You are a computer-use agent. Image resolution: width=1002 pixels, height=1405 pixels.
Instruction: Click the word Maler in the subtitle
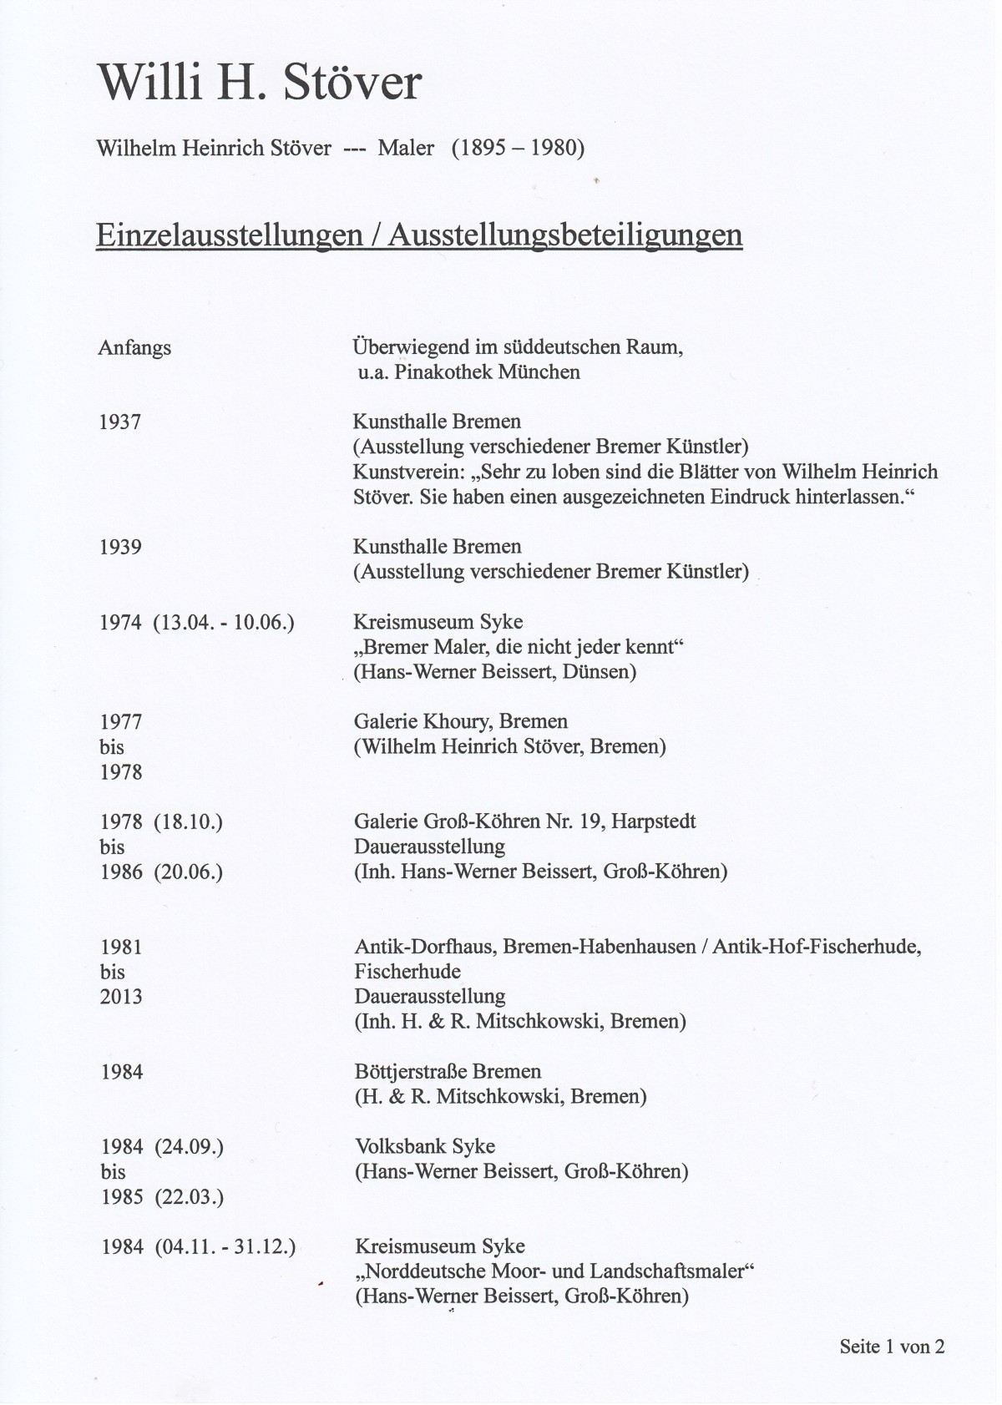point(406,149)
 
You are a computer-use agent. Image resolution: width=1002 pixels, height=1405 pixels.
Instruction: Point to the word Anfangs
point(134,347)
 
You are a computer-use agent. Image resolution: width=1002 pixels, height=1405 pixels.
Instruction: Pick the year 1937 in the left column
point(120,422)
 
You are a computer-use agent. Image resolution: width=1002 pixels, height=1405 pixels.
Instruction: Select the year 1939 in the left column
point(120,548)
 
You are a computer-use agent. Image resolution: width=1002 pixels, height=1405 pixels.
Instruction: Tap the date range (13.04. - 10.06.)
point(224,623)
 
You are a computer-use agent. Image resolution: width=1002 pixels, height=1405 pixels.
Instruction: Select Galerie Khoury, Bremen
point(460,722)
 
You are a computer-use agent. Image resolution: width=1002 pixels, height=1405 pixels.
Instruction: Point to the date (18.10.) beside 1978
point(188,822)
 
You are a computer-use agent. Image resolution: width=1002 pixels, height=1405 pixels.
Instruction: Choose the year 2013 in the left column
point(122,997)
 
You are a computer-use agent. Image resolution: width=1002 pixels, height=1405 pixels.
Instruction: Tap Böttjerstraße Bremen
point(448,1072)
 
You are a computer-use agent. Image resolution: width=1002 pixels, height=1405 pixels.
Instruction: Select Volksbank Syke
point(425,1147)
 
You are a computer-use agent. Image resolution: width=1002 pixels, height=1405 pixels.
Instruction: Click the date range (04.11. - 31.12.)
point(225,1247)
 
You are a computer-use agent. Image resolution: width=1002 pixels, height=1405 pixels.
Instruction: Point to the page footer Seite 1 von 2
point(892,1347)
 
